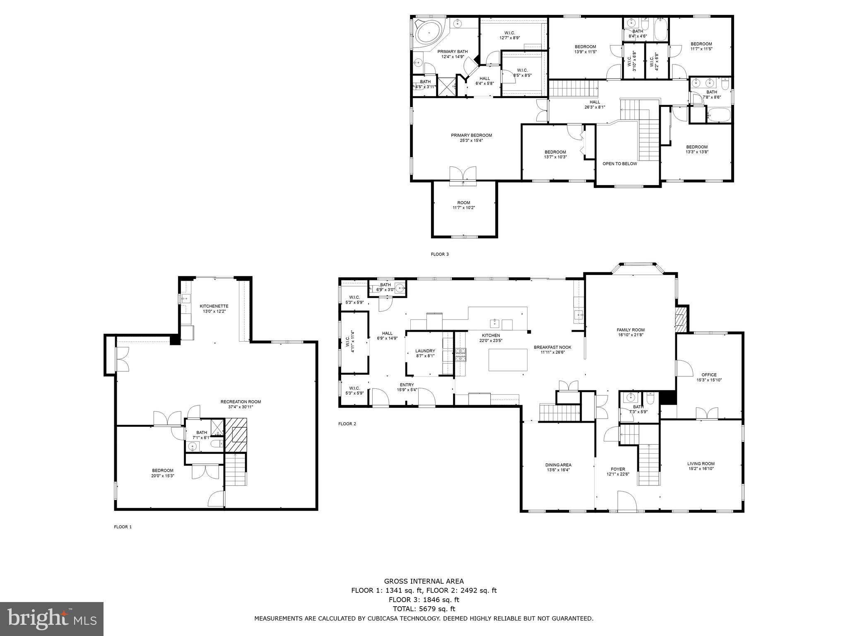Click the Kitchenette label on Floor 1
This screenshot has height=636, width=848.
pyautogui.click(x=214, y=306)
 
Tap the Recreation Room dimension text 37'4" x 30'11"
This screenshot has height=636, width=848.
pyautogui.click(x=241, y=407)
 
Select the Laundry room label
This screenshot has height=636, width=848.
pyautogui.click(x=425, y=351)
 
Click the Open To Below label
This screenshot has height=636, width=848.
pyautogui.click(x=619, y=164)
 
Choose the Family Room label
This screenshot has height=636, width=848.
pyautogui.click(x=630, y=330)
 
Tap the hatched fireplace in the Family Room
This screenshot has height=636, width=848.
pyautogui.click(x=680, y=319)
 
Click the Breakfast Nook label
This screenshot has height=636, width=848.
pyautogui.click(x=552, y=347)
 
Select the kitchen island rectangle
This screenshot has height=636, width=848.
pyautogui.click(x=508, y=360)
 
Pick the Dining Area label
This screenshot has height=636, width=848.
pyautogui.click(x=558, y=465)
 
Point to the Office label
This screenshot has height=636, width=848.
pyautogui.click(x=709, y=375)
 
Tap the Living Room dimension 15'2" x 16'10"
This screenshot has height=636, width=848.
pyautogui.click(x=701, y=469)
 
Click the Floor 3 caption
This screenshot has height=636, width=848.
pyautogui.click(x=439, y=254)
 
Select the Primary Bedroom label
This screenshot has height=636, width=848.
pyautogui.click(x=471, y=135)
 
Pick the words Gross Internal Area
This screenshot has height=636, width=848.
pyautogui.click(x=424, y=581)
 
